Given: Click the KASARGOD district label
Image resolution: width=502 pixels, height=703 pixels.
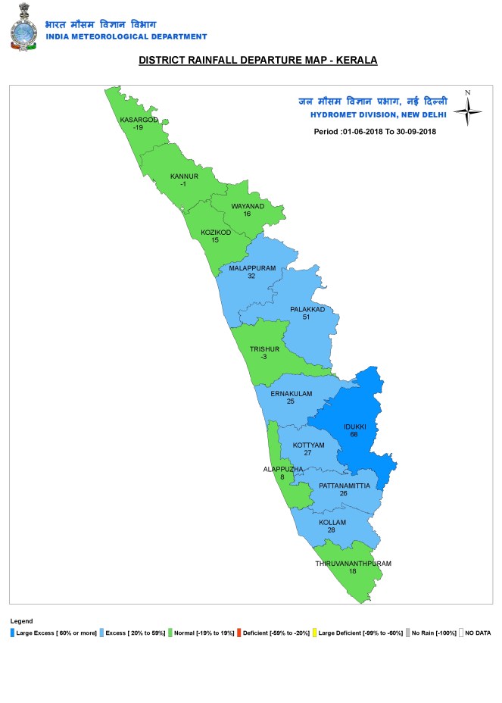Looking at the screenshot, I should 139,120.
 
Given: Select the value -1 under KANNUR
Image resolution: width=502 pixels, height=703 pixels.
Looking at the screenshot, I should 183,184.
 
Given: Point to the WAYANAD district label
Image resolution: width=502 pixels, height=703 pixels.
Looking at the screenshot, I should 247,205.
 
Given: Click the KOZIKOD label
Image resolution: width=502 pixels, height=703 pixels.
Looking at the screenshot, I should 215,233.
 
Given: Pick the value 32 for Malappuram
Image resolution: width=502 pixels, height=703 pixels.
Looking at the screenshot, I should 251,277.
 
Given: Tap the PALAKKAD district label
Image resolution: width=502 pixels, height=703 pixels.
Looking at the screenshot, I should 307,309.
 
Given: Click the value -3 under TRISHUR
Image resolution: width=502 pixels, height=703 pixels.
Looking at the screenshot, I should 264,357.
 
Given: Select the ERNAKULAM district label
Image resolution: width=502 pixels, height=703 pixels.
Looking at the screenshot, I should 290,393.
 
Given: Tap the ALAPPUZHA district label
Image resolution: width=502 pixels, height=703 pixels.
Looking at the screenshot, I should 283,470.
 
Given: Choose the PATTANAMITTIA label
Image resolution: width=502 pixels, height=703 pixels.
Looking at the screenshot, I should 344,485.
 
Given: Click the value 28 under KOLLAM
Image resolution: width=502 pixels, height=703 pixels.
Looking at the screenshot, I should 332,531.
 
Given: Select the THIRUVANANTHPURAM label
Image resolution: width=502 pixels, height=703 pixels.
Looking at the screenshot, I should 353,564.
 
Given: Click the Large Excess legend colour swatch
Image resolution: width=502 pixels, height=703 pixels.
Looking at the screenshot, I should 13,632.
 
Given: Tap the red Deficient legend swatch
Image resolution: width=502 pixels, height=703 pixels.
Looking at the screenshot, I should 239,632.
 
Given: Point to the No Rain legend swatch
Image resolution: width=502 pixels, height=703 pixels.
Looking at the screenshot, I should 408,632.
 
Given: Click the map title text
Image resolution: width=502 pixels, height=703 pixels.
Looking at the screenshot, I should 257,60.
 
